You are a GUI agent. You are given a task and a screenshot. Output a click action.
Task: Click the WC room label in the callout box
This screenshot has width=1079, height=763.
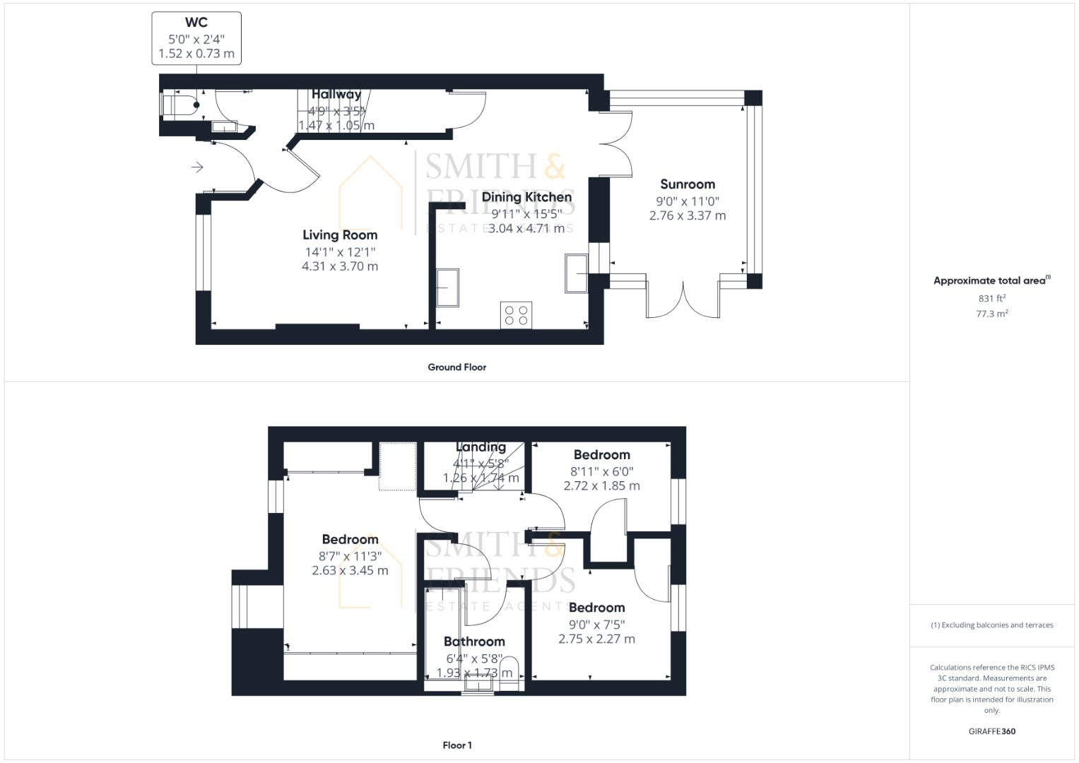(196, 23)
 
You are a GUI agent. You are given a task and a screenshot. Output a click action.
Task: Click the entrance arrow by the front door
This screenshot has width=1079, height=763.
(197, 167)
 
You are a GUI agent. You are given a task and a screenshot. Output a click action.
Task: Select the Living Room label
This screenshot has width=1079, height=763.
(340, 235)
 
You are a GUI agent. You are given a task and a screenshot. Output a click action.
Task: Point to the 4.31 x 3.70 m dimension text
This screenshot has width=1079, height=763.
(340, 266)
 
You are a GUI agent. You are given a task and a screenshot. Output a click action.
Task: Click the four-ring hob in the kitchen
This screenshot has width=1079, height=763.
(517, 314)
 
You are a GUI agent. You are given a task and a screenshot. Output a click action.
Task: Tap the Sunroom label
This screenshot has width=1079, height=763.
(688, 184)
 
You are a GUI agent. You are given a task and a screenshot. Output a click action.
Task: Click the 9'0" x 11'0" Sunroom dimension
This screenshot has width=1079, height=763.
(688, 201)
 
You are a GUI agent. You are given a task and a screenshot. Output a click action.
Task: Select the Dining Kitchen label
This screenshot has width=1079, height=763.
(526, 197)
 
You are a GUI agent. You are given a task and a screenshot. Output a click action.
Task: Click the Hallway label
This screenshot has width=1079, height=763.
(336, 94)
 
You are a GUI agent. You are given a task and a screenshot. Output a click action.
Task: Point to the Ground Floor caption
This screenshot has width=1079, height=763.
(456, 367)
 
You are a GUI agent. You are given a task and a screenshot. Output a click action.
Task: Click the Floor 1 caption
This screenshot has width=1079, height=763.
(456, 745)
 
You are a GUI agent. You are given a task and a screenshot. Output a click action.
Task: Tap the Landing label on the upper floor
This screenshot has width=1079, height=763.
(480, 447)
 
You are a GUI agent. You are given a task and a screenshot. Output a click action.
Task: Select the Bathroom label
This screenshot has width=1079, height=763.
(474, 641)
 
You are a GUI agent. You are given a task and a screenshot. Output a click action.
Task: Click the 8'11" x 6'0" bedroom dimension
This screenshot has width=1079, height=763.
(602, 471)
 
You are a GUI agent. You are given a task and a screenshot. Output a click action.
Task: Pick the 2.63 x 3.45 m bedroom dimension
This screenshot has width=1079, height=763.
(350, 570)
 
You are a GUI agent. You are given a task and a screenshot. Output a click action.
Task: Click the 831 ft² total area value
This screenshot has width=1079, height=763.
(992, 298)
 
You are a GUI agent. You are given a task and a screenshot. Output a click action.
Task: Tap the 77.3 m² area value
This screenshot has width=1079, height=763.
(992, 314)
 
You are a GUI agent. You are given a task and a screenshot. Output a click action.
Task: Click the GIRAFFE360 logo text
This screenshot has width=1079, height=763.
(991, 731)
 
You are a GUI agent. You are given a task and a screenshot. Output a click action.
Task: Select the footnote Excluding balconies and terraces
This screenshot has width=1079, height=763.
(992, 625)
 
